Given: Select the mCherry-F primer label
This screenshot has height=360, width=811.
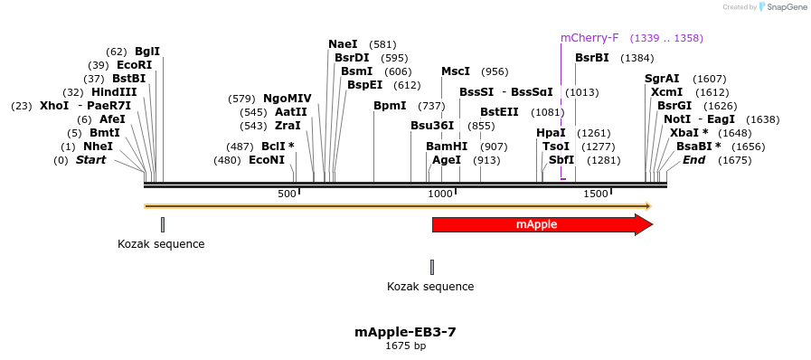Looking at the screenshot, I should [589, 38].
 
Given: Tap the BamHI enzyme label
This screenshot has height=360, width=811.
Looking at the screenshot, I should [447, 147].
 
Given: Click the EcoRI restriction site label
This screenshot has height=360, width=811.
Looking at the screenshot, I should [134, 65].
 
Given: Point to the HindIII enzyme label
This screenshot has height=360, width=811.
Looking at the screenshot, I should [114, 92].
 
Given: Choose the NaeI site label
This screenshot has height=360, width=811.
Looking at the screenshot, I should [343, 44].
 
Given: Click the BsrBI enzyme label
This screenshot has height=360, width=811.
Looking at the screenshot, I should [592, 58].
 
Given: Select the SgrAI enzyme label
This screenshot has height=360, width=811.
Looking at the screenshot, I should [662, 79].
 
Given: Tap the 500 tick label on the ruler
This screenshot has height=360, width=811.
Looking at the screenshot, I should [287, 194].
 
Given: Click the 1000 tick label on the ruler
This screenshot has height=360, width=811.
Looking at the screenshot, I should [440, 194].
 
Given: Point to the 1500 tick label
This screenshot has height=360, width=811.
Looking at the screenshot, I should [595, 194].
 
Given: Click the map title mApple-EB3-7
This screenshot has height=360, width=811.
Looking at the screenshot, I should [405, 332].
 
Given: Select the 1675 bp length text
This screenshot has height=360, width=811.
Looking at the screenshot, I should [405, 346].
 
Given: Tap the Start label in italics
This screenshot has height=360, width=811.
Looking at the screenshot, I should [90, 160].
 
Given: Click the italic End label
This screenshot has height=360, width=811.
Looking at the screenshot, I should [693, 160].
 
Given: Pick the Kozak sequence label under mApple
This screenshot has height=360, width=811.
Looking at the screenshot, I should [430, 287].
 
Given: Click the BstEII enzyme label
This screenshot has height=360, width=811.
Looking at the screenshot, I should [499, 112].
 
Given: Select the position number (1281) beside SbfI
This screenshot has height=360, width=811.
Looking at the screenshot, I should [603, 160].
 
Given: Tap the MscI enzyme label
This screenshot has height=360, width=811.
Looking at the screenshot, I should [456, 71].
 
